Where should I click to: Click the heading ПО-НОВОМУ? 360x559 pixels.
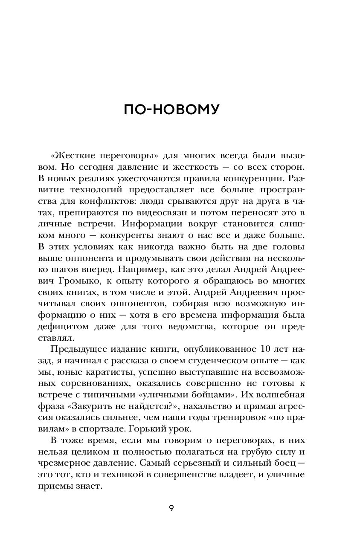(171, 110)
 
